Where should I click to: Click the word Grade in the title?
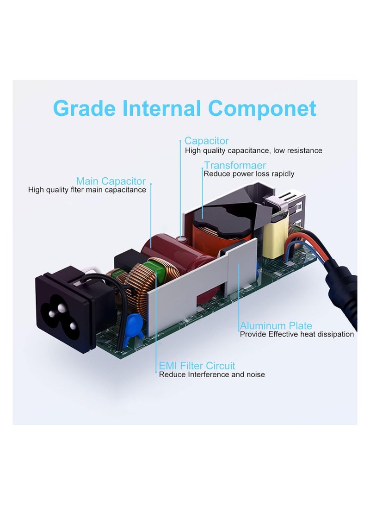[x=84, y=108]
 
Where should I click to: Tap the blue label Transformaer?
[x=235, y=165]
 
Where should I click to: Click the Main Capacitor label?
[x=111, y=181]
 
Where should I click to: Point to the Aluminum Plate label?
[x=276, y=325]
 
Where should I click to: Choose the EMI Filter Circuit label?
[x=197, y=366]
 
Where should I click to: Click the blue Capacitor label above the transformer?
[x=206, y=141]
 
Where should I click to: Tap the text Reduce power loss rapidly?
[x=249, y=174]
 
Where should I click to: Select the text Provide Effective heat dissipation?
[x=297, y=334]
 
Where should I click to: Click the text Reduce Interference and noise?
[x=212, y=374]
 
